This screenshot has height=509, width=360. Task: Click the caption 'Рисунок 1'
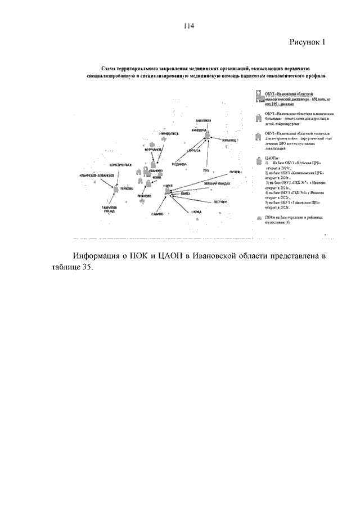click(308, 42)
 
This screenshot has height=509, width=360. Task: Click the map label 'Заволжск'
click(205, 121)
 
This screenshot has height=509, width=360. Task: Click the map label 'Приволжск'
click(168, 133)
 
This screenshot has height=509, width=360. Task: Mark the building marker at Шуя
click(167, 192)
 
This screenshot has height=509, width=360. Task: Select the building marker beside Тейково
click(116, 190)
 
